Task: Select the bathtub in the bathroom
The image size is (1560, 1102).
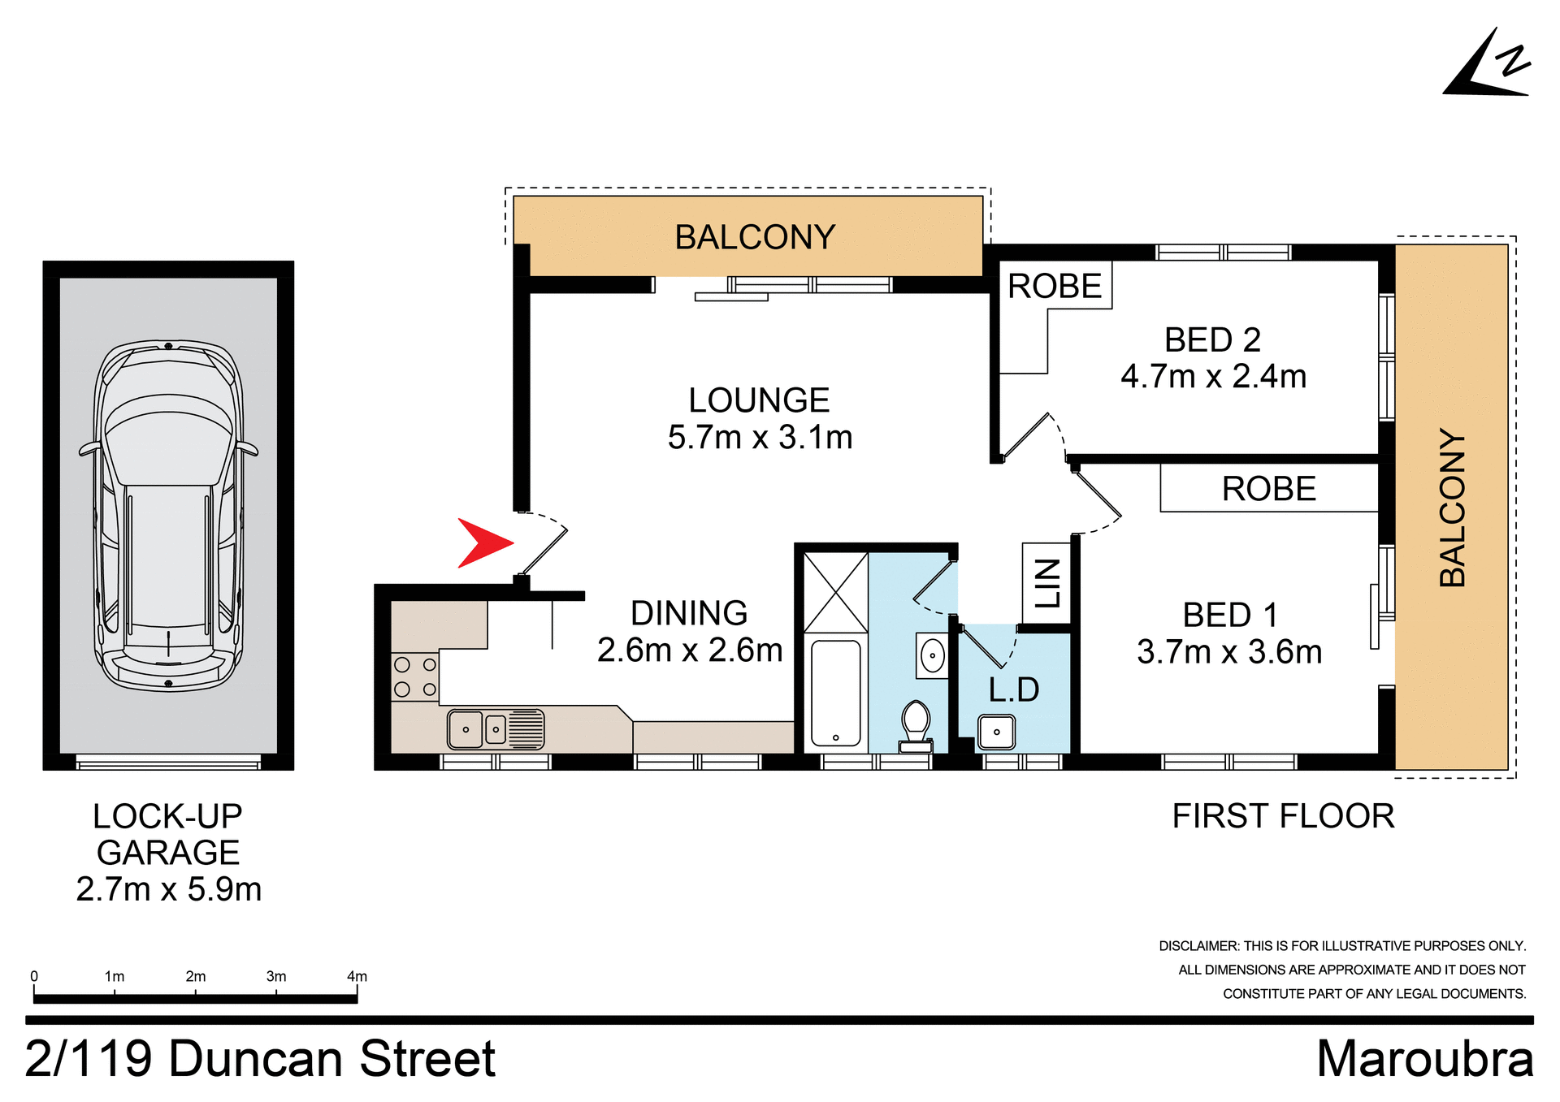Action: coord(835,693)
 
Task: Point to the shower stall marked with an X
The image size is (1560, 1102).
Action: coord(835,592)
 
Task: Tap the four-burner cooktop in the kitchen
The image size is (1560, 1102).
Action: coord(415,677)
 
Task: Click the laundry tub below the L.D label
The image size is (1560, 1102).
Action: coord(996,732)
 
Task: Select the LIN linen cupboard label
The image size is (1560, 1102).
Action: coord(1047,583)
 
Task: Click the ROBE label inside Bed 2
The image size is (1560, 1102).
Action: coord(1054,286)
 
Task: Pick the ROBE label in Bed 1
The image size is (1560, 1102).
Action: coord(1268,489)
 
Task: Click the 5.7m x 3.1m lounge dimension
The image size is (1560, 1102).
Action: coord(760,438)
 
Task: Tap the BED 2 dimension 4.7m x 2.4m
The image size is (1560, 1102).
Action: coord(1213,377)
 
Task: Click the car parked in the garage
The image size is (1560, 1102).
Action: coord(169,516)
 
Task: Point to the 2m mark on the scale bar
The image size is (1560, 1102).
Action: coord(195,977)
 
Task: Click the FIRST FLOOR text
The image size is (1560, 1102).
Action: coord(1283,816)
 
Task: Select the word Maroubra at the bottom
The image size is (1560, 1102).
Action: coord(1424,1059)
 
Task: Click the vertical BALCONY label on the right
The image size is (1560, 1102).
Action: coord(1452,508)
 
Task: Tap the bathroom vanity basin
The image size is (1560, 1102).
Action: coord(932,655)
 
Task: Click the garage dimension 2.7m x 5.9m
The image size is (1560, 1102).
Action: coord(169,889)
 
